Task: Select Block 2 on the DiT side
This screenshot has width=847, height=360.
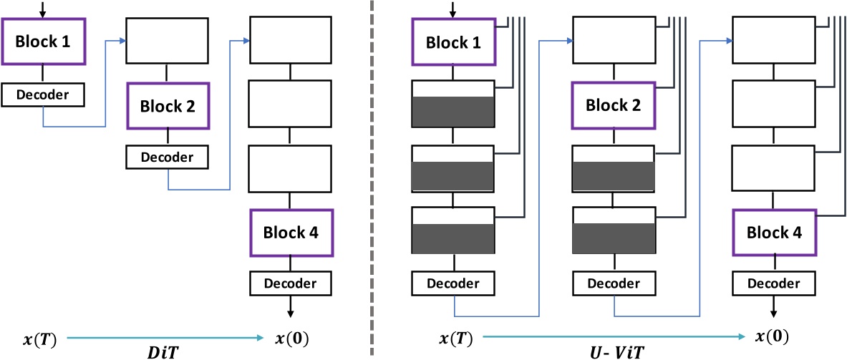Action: (168, 106)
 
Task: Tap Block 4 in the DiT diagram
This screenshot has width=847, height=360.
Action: (291, 233)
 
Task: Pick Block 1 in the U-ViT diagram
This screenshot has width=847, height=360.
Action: (453, 42)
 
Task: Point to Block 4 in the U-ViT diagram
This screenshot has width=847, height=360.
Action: (774, 233)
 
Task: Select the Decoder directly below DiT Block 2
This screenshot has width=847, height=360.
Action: (168, 157)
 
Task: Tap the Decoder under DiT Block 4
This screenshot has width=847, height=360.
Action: (291, 283)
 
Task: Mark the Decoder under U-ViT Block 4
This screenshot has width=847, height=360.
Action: (774, 283)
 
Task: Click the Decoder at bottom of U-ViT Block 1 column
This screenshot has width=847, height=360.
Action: (453, 283)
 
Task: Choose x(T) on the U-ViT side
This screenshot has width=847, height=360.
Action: (454, 337)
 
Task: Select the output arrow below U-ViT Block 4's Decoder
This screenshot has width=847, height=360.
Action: (774, 306)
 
